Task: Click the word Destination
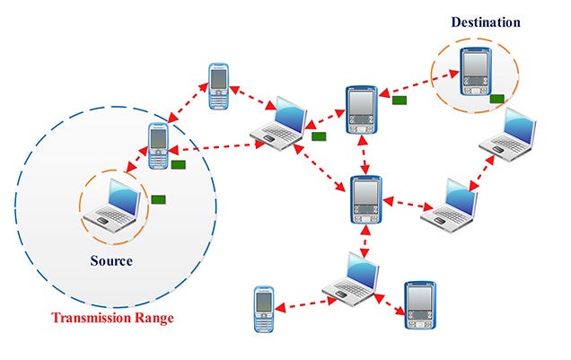[x=486, y=22]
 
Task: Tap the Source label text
[x=111, y=261]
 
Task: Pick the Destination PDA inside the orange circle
[x=474, y=71]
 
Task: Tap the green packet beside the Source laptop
[x=159, y=198]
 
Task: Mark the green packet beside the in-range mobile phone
[x=179, y=164]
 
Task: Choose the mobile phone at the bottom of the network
[x=263, y=309]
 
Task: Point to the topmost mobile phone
[x=220, y=86]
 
